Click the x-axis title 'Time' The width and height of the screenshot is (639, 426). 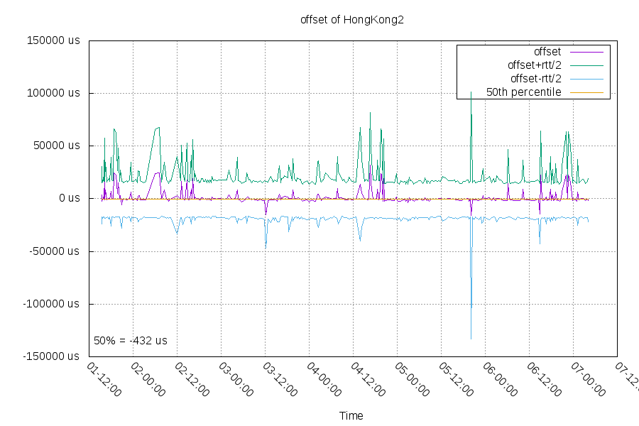(x=351, y=415)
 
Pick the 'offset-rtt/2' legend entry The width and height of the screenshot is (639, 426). (x=536, y=79)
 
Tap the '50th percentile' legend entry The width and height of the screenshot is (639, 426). (x=524, y=92)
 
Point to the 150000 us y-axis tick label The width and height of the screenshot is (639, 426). (x=54, y=40)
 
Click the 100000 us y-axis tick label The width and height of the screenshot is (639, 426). (x=54, y=93)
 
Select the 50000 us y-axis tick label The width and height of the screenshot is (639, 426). (x=57, y=146)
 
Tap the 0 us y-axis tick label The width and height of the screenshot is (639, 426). (x=69, y=198)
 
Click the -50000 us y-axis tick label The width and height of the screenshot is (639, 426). (x=55, y=251)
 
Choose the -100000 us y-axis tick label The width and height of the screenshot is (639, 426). (x=53, y=303)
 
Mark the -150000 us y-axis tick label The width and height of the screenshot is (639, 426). (x=53, y=356)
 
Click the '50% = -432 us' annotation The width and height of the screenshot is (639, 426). (x=131, y=341)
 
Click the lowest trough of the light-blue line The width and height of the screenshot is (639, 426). (x=471, y=339)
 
